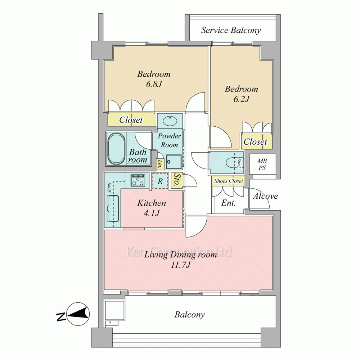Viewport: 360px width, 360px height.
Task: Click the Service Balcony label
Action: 231,30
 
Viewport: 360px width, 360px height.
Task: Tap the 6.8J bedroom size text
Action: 154,84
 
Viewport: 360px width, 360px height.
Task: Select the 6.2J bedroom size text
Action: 241,99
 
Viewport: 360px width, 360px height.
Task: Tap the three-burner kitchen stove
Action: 138,180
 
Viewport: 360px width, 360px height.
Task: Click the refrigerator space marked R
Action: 160,181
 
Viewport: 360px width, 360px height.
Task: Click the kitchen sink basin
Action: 113,209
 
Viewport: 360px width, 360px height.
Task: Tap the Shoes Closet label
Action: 229,181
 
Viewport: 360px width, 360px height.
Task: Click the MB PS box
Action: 262,165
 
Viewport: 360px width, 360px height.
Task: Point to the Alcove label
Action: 265,196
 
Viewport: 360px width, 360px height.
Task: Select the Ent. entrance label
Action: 229,203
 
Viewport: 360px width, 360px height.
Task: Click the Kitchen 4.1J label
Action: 152,208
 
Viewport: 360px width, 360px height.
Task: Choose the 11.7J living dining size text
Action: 181,265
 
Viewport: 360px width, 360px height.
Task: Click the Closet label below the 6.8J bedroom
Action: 131,120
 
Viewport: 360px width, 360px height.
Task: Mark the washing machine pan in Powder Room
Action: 174,162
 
